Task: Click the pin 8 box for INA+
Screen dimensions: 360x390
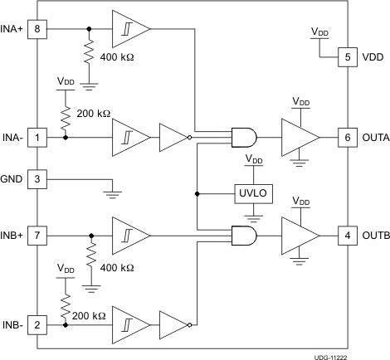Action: (37, 29)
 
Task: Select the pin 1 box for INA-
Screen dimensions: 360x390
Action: (37, 136)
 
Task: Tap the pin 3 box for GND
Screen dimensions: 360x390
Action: (37, 178)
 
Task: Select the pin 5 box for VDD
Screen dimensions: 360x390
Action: (347, 58)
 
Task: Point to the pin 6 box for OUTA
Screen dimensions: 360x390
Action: (347, 136)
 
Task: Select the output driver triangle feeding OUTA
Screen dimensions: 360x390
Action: (299, 136)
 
